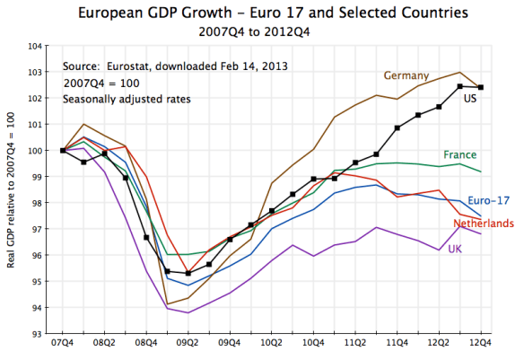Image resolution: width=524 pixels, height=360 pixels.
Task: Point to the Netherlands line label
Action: coord(484,222)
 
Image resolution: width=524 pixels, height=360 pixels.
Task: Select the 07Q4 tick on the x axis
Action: coord(62,344)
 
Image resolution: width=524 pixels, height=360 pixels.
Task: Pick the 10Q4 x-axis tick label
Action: coord(313,344)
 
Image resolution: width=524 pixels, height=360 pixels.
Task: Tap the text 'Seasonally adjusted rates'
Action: coord(118,98)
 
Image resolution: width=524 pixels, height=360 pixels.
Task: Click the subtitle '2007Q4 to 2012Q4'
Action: coord(262,31)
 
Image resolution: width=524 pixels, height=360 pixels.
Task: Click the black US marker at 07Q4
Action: coord(62,150)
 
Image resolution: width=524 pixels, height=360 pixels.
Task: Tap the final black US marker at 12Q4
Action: coord(481,87)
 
